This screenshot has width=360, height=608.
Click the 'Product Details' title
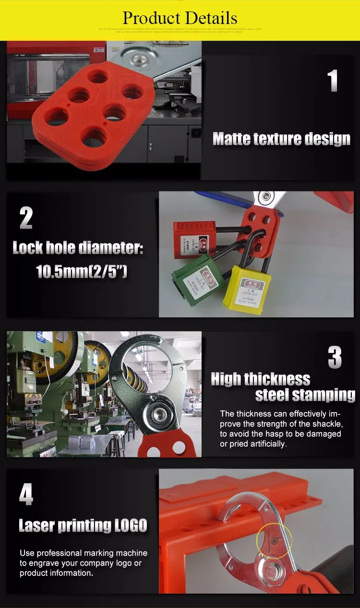tap(180, 18)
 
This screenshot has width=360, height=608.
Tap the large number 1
tap(333, 81)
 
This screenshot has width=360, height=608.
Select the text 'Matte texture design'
tap(281, 139)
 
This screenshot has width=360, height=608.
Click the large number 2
tap(26, 219)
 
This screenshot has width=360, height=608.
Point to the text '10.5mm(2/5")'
tap(82, 272)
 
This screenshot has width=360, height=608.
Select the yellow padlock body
tap(247, 289)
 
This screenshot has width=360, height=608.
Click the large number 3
tap(335, 358)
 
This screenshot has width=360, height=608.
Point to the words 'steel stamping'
tap(305, 395)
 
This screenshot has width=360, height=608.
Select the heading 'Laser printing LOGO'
tap(83, 525)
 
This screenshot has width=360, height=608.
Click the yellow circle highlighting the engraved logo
tap(274, 541)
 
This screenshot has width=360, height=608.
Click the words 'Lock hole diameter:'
tap(78, 248)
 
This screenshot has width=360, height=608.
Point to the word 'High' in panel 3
tap(226, 379)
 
